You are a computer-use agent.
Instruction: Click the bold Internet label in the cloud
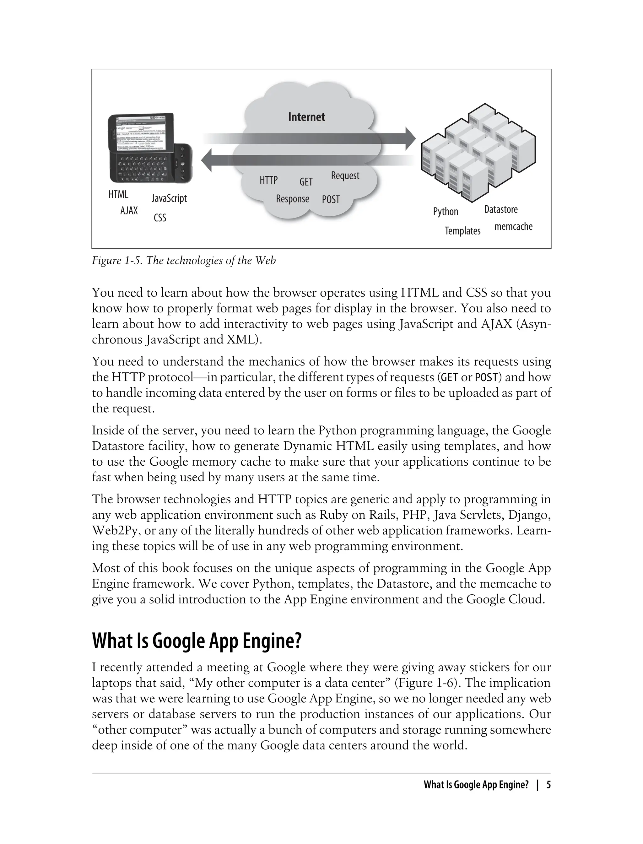coord(306,117)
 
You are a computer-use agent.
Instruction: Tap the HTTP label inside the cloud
coord(268,180)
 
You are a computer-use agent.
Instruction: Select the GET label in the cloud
coord(306,182)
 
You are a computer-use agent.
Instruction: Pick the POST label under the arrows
coord(331,199)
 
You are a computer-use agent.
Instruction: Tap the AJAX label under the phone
coord(129,210)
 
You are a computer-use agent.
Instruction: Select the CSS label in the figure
coord(160,218)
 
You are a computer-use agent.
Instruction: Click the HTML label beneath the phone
coord(118,194)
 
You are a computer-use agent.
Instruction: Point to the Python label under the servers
coord(446,212)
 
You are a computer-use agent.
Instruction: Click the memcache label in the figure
coord(513,227)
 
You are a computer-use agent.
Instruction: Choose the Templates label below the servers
coord(462,231)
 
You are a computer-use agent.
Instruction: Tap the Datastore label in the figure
coord(501,209)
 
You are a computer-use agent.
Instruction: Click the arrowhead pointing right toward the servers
coord(410,138)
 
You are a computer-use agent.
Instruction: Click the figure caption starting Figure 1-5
coord(184,261)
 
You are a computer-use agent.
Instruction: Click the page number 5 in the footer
coord(548,785)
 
